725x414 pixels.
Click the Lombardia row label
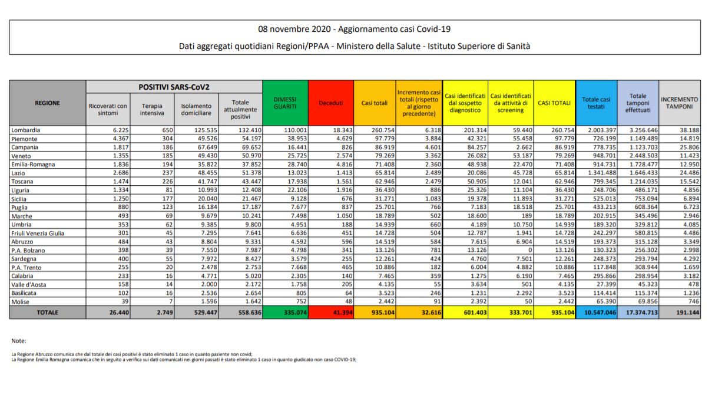point(27,129)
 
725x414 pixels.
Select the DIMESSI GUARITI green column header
point(284,103)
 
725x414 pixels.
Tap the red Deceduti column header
point(330,103)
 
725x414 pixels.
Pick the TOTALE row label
point(47,313)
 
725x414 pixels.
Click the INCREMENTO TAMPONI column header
point(679,103)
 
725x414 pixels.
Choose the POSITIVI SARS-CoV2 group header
point(174,87)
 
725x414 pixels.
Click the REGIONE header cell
point(47,103)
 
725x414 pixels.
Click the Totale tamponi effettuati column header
point(638,103)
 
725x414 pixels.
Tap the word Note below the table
point(19,341)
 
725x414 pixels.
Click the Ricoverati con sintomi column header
point(108,109)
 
